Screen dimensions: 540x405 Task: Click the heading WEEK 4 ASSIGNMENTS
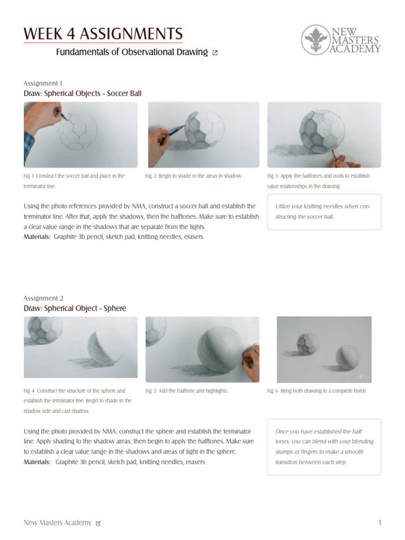coord(103,34)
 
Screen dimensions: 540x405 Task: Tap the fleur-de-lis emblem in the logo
coord(315,39)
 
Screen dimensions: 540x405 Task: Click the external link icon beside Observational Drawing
coord(215,53)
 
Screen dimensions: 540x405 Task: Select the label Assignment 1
coord(43,83)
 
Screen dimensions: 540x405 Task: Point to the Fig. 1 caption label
coord(29,176)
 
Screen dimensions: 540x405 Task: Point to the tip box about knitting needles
coord(324,211)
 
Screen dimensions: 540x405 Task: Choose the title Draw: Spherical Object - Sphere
coord(75,308)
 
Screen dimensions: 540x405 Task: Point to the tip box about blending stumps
coord(324,447)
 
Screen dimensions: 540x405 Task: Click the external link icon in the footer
coord(98,523)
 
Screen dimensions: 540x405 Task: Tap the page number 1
coord(380,523)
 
